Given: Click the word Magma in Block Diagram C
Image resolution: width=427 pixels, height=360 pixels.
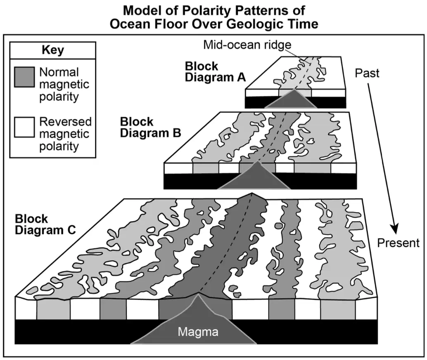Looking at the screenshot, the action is tap(198, 332).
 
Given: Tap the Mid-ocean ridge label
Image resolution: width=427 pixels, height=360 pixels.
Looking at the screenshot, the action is tap(247, 45).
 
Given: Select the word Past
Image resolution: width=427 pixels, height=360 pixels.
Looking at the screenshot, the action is tap(367, 73).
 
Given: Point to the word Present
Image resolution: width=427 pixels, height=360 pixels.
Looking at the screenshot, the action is tap(398, 243).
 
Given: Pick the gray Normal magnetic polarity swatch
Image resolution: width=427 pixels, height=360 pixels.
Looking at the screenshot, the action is tap(24, 77).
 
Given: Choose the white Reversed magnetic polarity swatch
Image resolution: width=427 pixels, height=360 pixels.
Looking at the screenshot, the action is tap(24, 127).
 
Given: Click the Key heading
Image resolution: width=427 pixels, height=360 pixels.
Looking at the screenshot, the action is tap(53, 50).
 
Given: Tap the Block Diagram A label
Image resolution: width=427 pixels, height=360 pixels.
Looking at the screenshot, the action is tap(215, 71).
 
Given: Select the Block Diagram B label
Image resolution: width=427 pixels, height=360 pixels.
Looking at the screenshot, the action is tap(150, 127).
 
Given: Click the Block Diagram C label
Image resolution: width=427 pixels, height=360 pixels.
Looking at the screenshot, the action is tap(45, 225).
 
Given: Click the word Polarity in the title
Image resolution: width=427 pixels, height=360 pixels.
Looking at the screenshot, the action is tap(207, 11).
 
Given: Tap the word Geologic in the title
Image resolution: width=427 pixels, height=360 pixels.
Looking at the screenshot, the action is tap(258, 24).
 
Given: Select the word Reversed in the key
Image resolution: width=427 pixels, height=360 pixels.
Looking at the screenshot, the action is tap(65, 122).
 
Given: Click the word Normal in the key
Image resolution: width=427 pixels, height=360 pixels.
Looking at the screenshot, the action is tap(59, 72).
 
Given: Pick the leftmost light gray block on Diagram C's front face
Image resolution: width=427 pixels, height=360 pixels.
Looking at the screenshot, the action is tap(53, 310).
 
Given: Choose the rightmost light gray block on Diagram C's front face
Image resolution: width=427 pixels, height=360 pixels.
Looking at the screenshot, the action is tap(338, 310).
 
